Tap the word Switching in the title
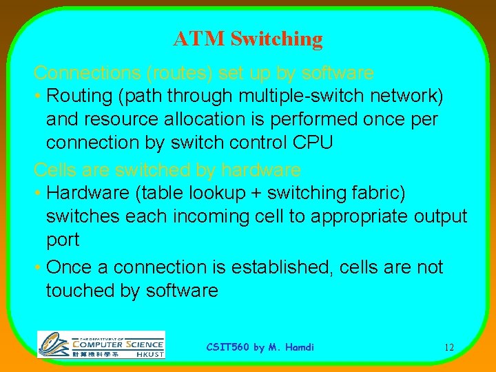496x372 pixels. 276,39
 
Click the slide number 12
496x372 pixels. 448,347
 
